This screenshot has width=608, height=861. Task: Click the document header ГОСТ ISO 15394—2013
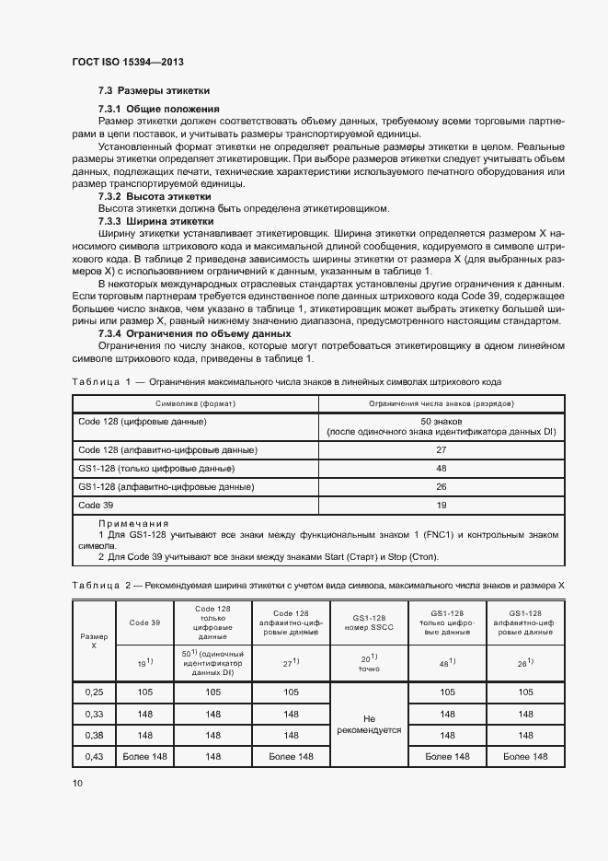click(134, 62)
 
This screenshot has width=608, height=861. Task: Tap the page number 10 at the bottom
click(77, 783)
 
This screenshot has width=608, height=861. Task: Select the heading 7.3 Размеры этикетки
click(154, 91)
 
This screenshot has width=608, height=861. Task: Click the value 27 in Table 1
click(441, 450)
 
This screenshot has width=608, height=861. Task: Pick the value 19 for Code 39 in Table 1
click(441, 506)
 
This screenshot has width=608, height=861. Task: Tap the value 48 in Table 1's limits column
click(441, 469)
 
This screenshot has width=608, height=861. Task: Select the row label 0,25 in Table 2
click(94, 692)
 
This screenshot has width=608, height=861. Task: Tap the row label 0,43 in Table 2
click(94, 757)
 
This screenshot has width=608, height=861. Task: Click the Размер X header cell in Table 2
click(94, 641)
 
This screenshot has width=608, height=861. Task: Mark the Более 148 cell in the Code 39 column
click(144, 757)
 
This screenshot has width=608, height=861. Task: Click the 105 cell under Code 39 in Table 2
click(144, 692)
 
